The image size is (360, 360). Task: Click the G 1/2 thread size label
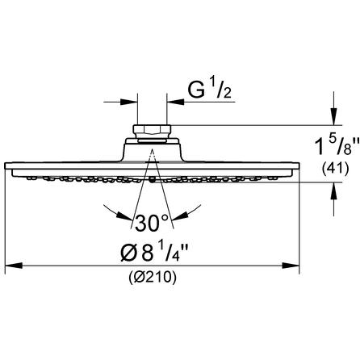[209, 90]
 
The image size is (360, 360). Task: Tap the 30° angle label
[152, 224]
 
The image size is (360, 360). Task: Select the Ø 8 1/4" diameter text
[154, 252]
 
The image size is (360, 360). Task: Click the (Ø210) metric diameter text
[153, 277]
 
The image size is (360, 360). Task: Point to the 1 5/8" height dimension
[337, 147]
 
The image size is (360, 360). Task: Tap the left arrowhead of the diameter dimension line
[14, 266]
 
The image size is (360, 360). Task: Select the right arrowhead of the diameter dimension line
[291, 266]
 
